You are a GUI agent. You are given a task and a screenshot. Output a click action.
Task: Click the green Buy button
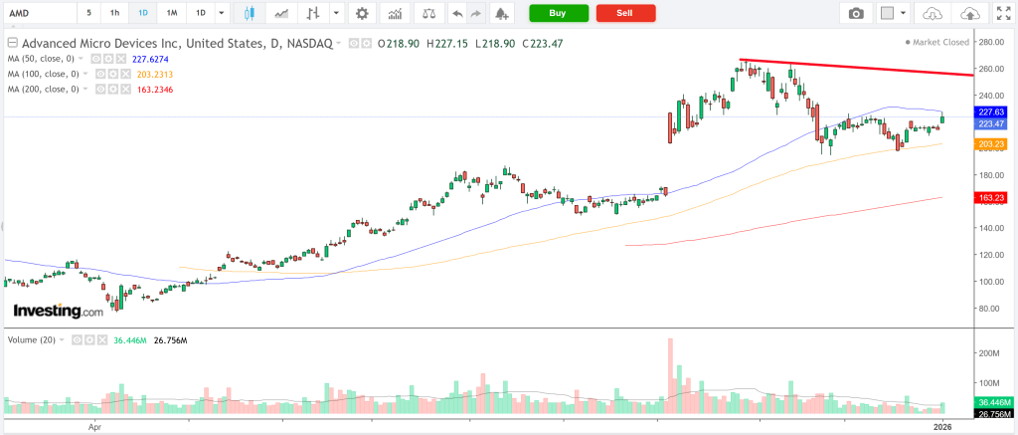click(558, 13)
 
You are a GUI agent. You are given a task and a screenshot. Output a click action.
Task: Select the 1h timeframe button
click(114, 13)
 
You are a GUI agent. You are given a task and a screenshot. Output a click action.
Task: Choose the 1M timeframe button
click(172, 13)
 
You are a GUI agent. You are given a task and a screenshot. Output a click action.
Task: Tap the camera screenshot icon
click(856, 13)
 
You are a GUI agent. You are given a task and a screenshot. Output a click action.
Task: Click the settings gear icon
click(362, 13)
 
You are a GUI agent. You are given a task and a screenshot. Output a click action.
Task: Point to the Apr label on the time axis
click(95, 426)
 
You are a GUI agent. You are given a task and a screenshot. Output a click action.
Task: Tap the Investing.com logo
click(57, 312)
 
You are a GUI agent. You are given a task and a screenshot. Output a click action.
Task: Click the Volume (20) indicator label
click(32, 339)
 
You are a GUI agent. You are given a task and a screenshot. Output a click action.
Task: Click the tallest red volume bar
click(670, 376)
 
